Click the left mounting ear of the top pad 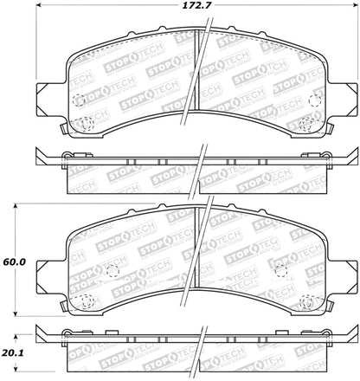[x=49, y=97]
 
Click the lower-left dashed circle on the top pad [x=84, y=124]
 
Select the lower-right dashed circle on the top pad [x=305, y=124]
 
